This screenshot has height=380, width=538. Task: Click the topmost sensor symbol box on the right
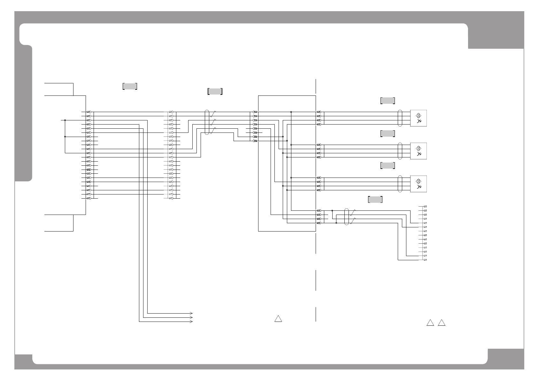point(418,118)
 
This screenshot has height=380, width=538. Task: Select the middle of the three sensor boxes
point(418,151)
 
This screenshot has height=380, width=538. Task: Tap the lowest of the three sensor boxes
point(418,184)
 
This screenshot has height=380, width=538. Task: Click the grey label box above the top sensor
point(388,101)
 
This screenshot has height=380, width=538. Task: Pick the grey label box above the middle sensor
point(388,133)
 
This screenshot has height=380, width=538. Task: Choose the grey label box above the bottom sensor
point(388,165)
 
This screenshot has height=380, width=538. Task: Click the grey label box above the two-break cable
point(375,200)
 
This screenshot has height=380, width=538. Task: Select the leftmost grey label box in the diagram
point(130,86)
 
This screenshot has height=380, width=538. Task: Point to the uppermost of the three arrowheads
point(191,313)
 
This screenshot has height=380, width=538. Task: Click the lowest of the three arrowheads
point(191,322)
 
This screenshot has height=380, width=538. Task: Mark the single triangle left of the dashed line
point(278,319)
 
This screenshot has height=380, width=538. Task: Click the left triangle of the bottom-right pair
point(430,323)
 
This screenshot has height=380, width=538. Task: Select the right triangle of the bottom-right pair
point(442,323)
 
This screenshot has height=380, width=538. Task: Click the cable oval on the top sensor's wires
point(400,118)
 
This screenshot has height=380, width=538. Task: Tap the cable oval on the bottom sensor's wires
point(400,184)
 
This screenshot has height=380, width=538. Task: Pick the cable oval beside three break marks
point(207,122)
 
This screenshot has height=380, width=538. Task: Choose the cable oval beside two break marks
point(347,217)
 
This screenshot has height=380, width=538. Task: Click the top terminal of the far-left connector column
point(89,112)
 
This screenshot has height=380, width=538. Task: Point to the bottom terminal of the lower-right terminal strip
point(425,260)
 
